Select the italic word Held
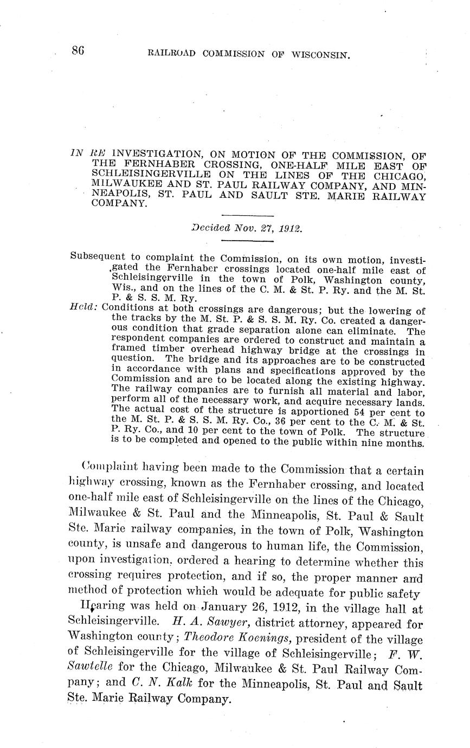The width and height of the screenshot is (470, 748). click(x=83, y=307)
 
